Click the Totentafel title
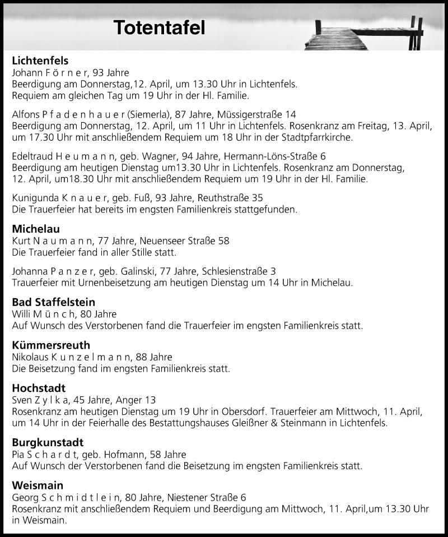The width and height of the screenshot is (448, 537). [159, 27]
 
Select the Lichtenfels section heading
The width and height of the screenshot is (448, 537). [40, 61]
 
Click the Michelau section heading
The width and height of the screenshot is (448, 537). [36, 229]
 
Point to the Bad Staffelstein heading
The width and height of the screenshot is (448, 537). [54, 302]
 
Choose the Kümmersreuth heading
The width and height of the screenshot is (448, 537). [51, 345]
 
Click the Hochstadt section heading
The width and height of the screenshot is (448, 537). [39, 388]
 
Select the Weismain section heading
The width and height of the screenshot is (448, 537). [38, 485]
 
